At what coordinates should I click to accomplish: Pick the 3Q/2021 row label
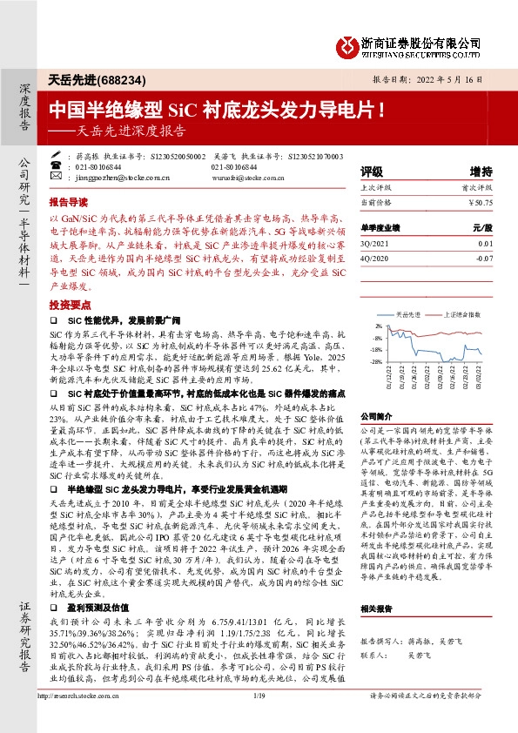374,245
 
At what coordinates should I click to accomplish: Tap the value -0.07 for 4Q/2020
483,258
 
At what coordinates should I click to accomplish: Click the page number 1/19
259,718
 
